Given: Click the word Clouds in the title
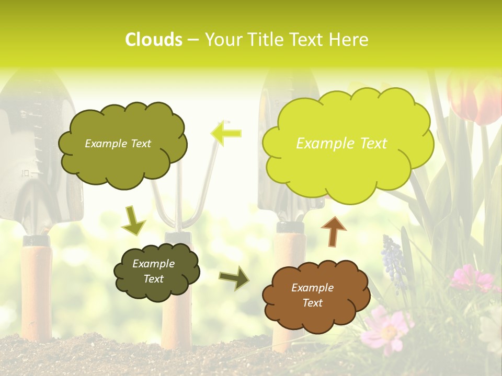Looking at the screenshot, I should point(153,40).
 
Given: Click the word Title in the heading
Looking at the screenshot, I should point(267,40).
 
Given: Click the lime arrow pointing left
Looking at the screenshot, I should point(226,133).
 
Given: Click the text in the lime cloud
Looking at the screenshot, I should point(341,144).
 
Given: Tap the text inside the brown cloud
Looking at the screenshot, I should point(312,295).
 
